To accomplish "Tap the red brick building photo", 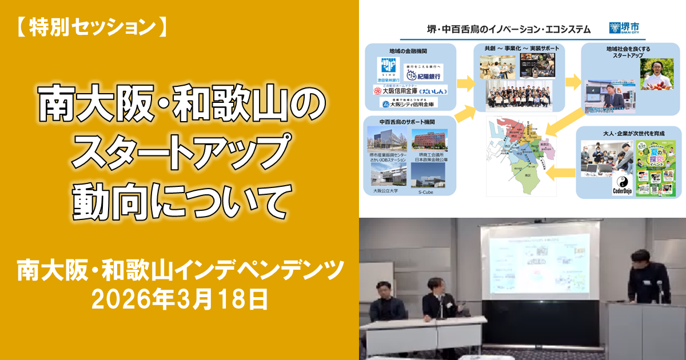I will (430, 141).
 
